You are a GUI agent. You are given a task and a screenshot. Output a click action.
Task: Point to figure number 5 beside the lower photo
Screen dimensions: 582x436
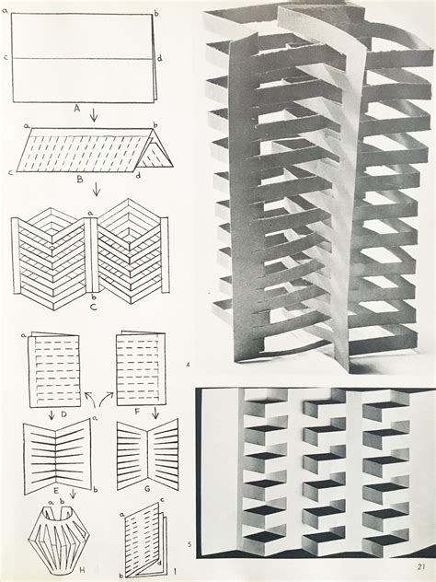[x=188, y=544]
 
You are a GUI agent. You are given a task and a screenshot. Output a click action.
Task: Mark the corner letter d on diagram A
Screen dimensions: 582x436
[x=160, y=58]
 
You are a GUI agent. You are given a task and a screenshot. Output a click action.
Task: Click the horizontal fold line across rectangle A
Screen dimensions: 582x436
[x=83, y=59]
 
